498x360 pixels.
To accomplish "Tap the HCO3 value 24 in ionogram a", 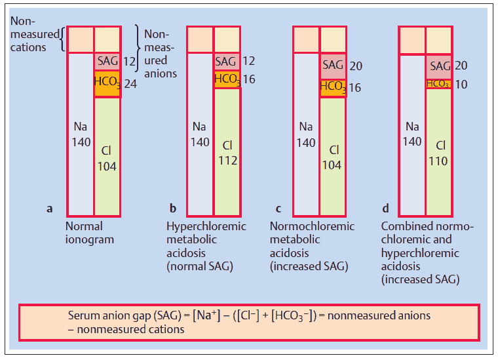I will click(130, 84).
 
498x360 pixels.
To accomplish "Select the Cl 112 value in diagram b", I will click(227, 152).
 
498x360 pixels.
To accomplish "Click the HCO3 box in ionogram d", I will click(438, 84).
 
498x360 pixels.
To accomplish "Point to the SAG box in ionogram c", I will click(333, 66).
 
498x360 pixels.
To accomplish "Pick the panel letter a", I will click(50, 209).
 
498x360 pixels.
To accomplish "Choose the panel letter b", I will click(173, 209).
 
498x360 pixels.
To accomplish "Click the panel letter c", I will click(278, 209).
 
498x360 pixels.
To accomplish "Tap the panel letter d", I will click(385, 209).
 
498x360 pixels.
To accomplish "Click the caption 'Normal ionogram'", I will click(90, 233).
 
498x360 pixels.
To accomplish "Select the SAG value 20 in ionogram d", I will click(461, 66).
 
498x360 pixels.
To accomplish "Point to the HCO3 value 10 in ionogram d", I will click(461, 85).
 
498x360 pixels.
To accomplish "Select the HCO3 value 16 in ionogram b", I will click(248, 79).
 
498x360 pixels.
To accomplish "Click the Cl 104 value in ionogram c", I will click(332, 157).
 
